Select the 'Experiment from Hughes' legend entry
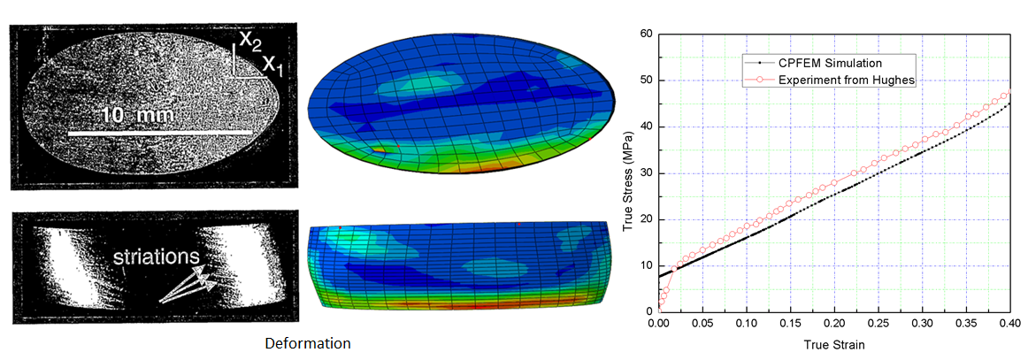coord(848,80)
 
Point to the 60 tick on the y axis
coord(646,34)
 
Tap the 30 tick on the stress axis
coord(646,173)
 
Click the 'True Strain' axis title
coord(834,344)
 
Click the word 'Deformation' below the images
coord(309,342)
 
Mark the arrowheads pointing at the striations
coord(205,278)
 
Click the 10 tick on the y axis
coord(646,266)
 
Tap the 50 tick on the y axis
coord(646,80)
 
